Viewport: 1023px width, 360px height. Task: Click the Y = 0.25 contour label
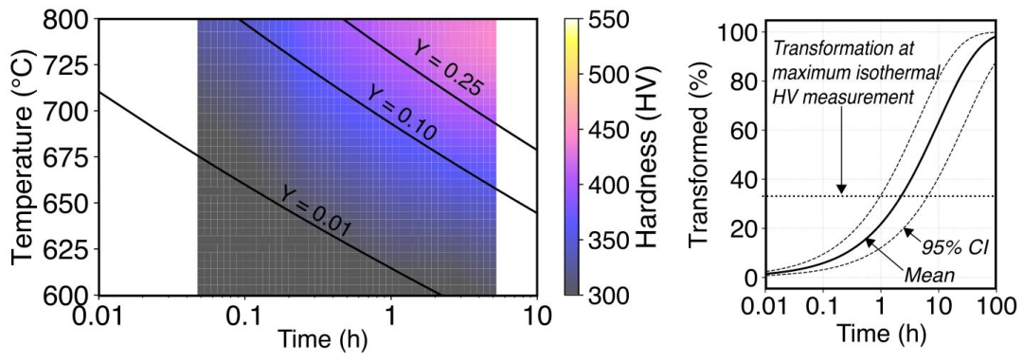click(x=447, y=68)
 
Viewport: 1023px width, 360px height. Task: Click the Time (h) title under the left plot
click(x=319, y=341)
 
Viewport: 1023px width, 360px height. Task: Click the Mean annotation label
click(x=930, y=275)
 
